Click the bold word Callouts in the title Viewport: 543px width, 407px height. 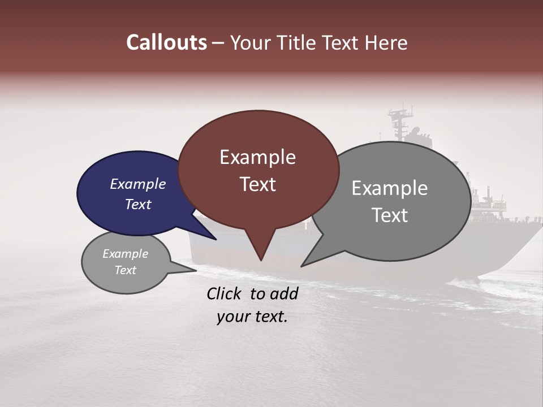tap(166, 42)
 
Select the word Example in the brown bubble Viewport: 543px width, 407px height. tap(257, 157)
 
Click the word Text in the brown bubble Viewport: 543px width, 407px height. tap(257, 184)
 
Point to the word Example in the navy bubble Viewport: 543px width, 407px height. tap(138, 184)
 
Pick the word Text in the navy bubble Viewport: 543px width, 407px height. tap(138, 204)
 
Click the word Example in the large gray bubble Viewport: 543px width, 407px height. tap(390, 188)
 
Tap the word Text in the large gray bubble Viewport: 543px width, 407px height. tap(390, 215)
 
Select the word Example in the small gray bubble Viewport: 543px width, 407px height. tap(126, 254)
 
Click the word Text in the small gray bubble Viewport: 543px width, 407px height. tap(126, 270)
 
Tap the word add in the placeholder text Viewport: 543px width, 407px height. tap(284, 293)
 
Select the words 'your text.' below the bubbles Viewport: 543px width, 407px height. tap(252, 317)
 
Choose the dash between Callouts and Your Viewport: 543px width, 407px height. tap(218, 43)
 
